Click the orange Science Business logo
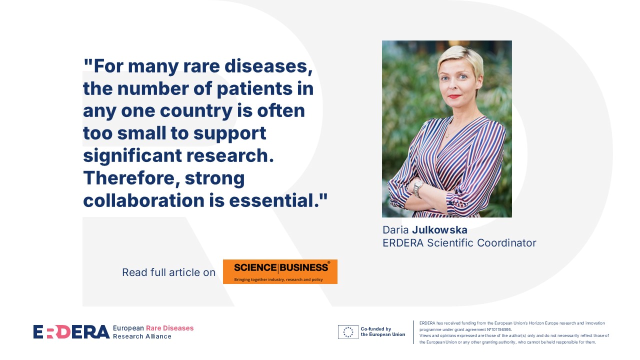click(280, 271)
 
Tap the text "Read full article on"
click(168, 272)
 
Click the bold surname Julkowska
click(439, 230)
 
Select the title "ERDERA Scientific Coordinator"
click(459, 243)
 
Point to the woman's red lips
click(454, 96)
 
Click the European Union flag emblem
click(347, 332)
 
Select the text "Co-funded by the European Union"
click(382, 331)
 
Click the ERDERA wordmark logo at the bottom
click(71, 332)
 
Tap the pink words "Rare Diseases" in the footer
click(169, 328)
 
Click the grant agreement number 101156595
click(497, 329)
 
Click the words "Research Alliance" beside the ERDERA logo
click(142, 336)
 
